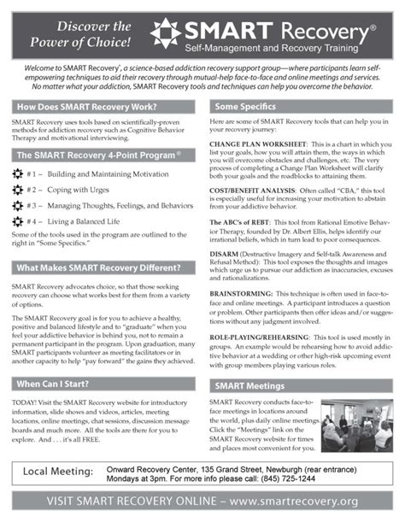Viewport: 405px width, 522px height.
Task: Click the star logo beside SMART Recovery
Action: point(165,32)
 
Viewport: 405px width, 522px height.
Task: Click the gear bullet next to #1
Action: point(19,173)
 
